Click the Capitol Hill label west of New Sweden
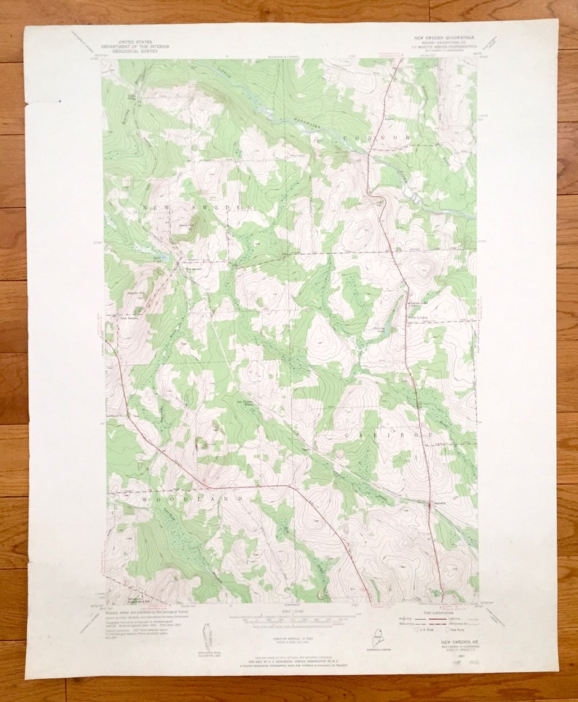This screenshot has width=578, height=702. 135,293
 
